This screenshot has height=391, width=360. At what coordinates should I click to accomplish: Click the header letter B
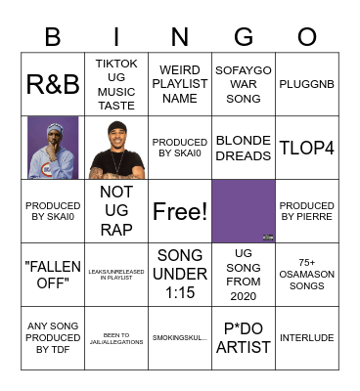pos(53,37)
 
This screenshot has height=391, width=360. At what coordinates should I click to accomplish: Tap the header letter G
pos(244,37)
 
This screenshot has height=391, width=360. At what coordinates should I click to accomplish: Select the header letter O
pos(307,37)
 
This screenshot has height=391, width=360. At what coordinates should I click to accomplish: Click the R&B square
pos(53,84)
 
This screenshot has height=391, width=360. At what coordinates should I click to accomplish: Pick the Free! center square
pos(180,211)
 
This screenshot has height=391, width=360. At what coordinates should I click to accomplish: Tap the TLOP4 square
pos(307,148)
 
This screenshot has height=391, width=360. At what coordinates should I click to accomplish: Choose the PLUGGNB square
pos(307,84)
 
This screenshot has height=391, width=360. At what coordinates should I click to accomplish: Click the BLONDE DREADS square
pos(244,148)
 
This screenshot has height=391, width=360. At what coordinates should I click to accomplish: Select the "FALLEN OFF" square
pos(53,275)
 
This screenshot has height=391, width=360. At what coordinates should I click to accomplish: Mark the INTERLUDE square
pos(307,338)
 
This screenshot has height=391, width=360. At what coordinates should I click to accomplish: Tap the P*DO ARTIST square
pos(244,338)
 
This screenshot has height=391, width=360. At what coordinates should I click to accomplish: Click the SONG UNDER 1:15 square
pos(180,275)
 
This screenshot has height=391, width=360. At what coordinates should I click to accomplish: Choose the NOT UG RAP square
pos(116,211)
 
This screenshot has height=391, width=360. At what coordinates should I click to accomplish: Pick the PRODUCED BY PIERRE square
pos(307,211)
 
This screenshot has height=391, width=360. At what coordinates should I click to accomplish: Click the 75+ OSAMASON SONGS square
pos(307,275)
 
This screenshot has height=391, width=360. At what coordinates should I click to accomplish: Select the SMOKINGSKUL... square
pos(180,338)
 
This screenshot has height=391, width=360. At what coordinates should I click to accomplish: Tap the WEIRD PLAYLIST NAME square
pos(180,84)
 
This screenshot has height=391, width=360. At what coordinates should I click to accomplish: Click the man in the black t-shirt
pos(116,148)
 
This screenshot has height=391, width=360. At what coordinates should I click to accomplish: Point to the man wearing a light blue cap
pos(53,148)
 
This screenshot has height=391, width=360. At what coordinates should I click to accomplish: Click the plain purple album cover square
pos(244,211)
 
